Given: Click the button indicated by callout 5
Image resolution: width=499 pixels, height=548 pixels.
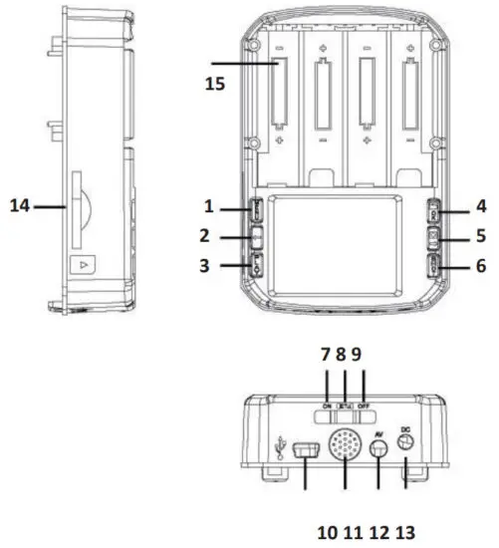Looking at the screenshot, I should tap(435, 238).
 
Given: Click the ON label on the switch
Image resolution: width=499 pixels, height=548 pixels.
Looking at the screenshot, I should tap(327, 406).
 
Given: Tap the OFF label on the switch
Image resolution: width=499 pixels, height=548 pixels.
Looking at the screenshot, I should tap(364, 406).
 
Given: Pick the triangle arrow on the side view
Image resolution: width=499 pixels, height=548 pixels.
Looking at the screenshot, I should tap(83, 265).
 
